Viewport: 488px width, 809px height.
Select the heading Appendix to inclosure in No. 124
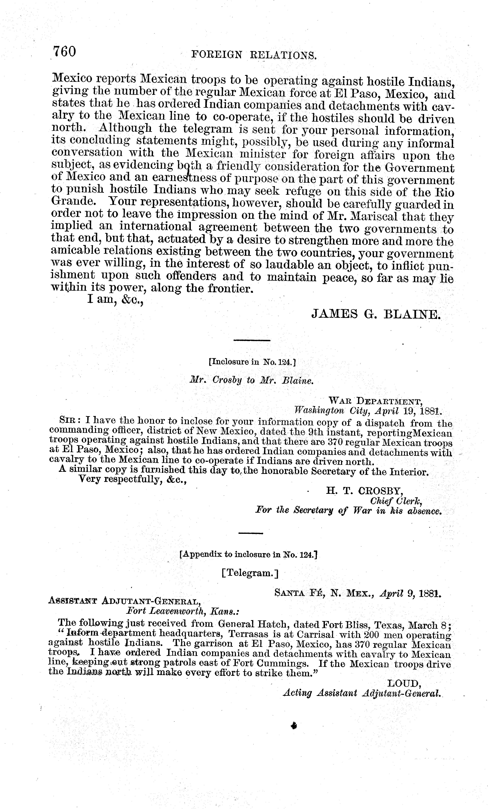click(248, 555)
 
